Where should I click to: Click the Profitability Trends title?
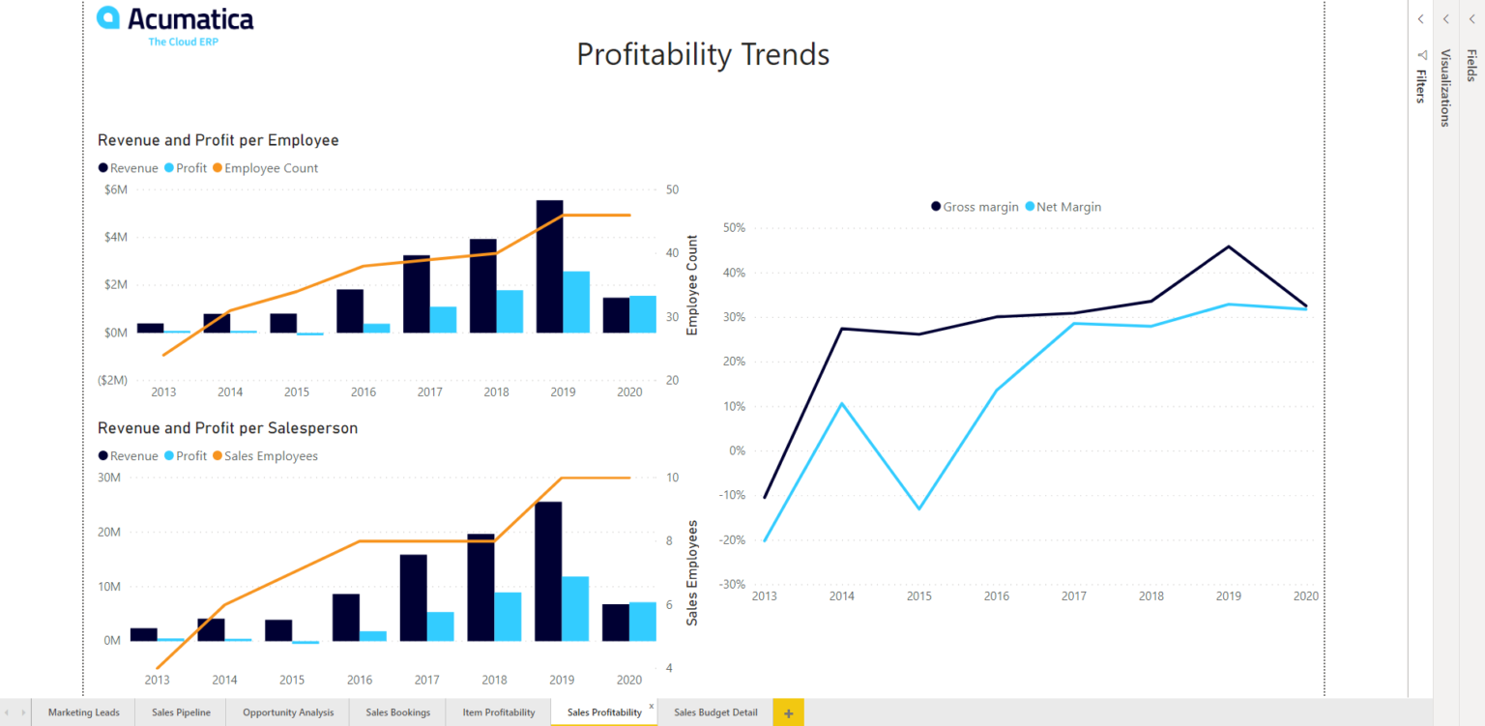[x=703, y=54]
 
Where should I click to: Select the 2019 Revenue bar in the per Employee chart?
[x=549, y=267]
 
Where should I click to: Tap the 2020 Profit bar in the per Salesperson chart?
[x=643, y=621]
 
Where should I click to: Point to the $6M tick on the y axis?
[x=115, y=189]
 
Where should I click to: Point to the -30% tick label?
[x=731, y=584]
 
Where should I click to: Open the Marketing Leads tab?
[x=83, y=712]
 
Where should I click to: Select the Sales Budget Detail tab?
[x=715, y=712]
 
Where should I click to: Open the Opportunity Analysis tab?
[x=288, y=712]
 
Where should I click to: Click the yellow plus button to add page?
[x=788, y=713]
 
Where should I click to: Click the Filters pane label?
[x=1421, y=85]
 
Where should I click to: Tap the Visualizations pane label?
[x=1445, y=88]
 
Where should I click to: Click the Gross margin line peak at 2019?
[x=1228, y=247]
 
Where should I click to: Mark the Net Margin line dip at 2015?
[x=918, y=508]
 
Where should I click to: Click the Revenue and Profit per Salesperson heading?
[x=227, y=428]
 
